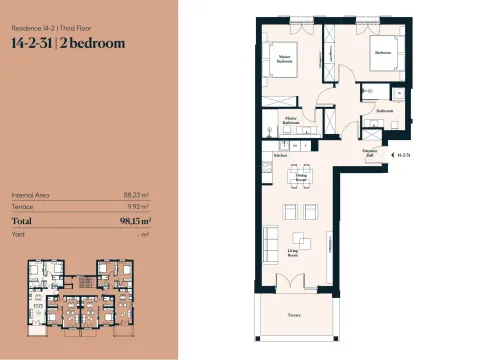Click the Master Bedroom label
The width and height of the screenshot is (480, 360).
284,59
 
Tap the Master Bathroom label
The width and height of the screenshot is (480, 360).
291,122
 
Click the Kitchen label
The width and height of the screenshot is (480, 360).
280,155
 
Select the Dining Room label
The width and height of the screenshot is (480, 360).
300,177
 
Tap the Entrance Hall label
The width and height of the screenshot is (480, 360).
368,154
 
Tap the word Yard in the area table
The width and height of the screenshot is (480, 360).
17,233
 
